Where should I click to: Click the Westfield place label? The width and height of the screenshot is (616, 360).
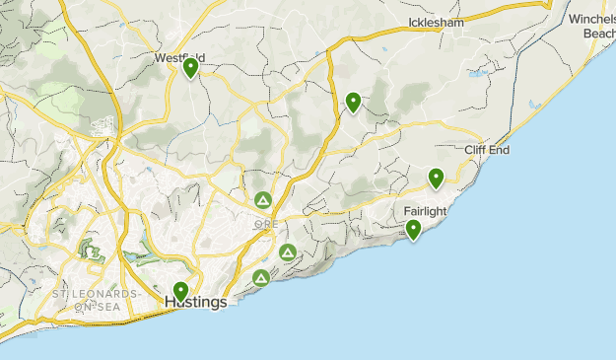[x=178, y=57]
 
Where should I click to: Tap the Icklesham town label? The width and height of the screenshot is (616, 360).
[x=435, y=23]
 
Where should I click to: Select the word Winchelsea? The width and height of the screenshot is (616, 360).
[x=591, y=19]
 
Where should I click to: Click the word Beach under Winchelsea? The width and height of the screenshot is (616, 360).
[x=600, y=33]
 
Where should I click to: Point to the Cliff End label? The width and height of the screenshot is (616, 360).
[x=487, y=150]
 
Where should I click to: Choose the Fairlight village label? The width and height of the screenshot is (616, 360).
[x=425, y=211]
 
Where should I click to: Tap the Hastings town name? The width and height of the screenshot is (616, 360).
[x=197, y=301]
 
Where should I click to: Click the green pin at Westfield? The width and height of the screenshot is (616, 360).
[x=191, y=68]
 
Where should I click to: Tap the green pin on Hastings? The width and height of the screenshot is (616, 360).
[x=180, y=292]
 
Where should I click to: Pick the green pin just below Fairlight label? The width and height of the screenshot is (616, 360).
[x=414, y=230]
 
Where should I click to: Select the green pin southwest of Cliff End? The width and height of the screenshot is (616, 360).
[x=436, y=178]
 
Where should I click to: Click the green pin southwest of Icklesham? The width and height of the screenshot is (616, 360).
[x=353, y=102]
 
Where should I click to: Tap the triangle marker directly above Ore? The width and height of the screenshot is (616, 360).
[x=263, y=201]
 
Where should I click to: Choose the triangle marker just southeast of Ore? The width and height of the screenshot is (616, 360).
[x=287, y=252]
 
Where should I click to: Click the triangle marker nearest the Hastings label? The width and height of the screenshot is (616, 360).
[x=261, y=278]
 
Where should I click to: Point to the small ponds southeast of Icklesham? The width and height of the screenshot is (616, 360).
[x=480, y=74]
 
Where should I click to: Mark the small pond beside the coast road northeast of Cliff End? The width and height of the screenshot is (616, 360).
[x=533, y=104]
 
